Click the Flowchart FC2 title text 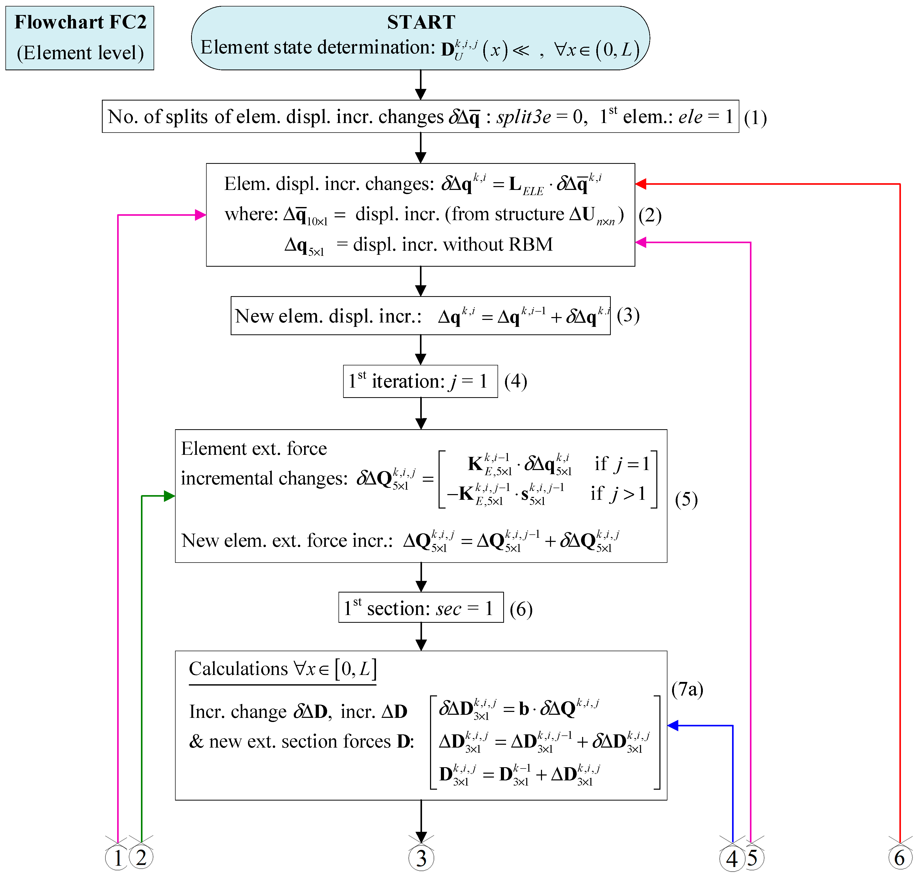point(80,22)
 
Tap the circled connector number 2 point(141,857)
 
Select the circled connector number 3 point(421,858)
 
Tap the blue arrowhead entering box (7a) point(673,725)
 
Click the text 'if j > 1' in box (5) point(618,494)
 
